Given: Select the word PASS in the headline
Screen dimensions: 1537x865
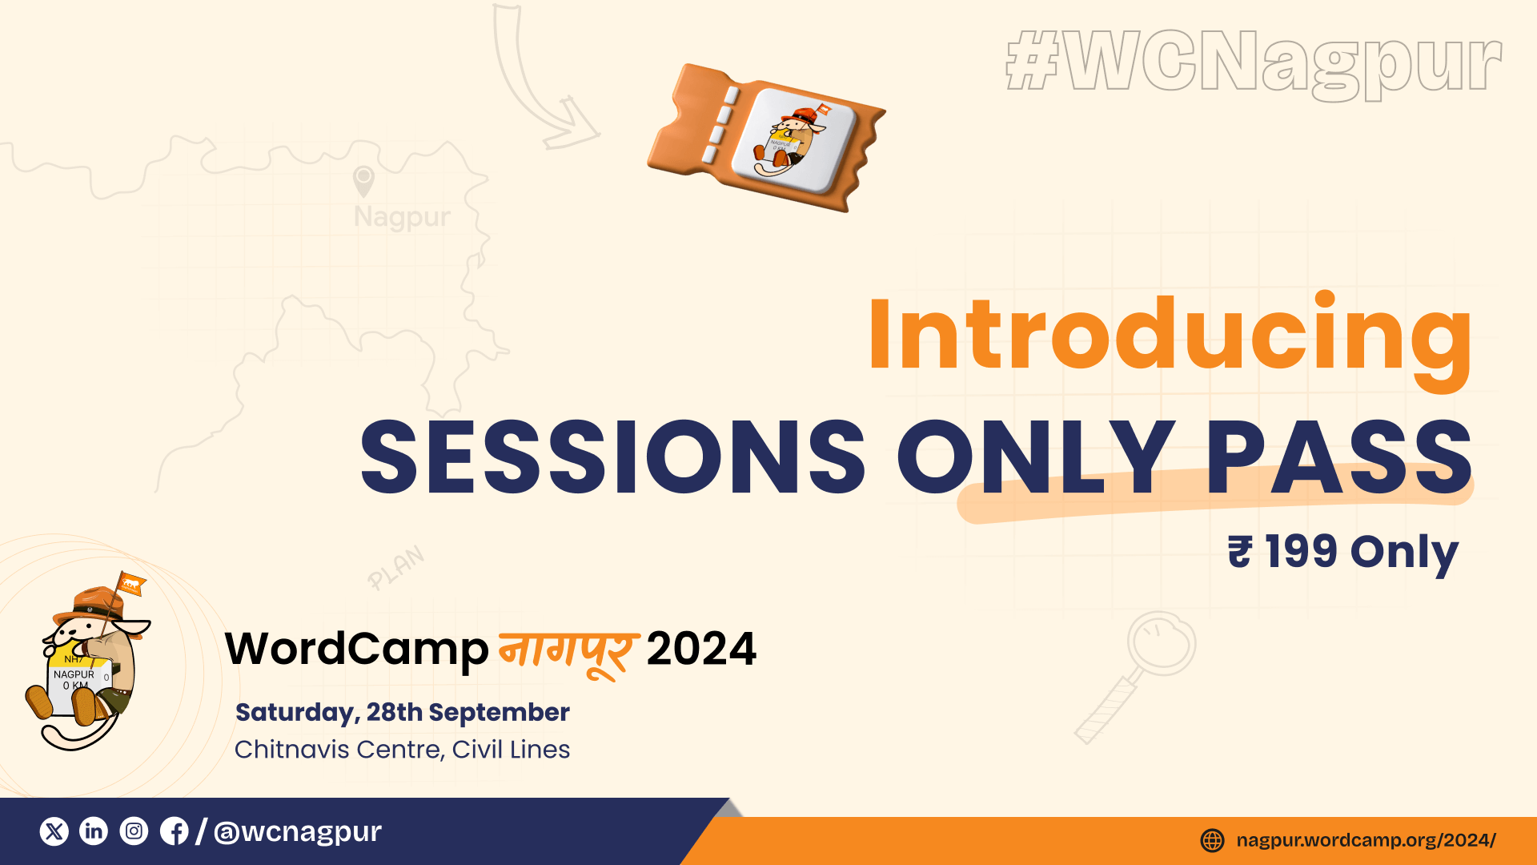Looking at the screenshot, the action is coord(1339,457).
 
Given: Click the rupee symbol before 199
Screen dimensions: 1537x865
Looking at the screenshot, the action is coord(1240,552).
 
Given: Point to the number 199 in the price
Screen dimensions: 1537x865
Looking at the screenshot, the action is coord(1301,551).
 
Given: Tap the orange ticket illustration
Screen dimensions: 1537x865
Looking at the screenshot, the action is coord(767,138).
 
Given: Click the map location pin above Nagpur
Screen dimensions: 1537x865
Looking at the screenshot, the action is coord(363,182).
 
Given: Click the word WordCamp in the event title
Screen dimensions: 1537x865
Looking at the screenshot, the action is coord(357,650).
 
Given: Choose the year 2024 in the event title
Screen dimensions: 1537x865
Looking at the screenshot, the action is coord(701,649).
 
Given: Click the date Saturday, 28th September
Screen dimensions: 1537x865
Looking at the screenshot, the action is coord(403,713).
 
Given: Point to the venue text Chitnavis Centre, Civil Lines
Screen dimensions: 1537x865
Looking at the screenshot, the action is coord(402,750).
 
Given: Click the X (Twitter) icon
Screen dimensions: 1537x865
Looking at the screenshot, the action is coord(54,831).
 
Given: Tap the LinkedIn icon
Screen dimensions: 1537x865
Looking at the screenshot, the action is coord(94,831).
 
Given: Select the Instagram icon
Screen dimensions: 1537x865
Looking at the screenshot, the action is coord(134,831).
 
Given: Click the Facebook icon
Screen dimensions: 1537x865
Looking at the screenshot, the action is coord(175,831).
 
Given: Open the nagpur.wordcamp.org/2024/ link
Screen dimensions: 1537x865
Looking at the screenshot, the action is coord(1366,840).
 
